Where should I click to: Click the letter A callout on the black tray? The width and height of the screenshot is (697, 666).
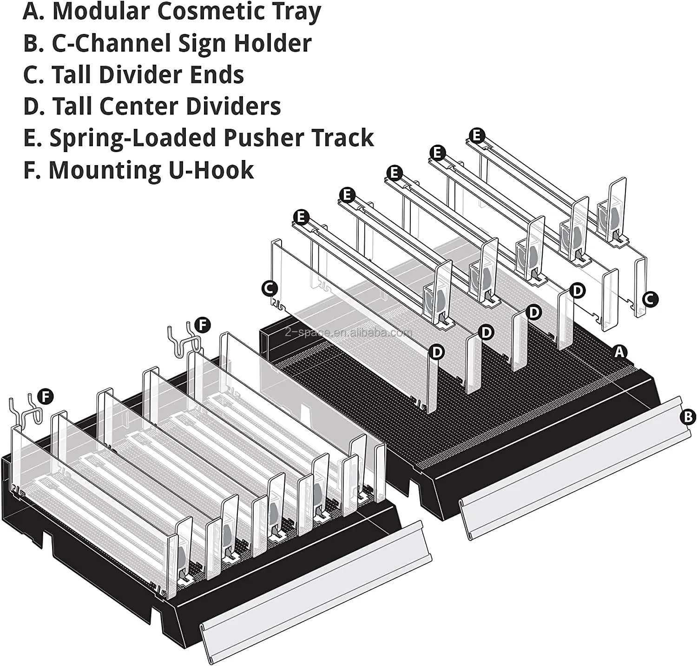[x=619, y=352]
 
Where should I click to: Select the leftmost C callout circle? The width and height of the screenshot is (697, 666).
[x=270, y=288]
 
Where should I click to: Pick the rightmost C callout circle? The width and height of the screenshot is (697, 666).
[x=650, y=299]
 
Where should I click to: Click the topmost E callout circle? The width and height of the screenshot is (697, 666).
[x=477, y=136]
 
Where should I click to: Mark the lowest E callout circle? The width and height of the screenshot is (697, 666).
[x=302, y=217]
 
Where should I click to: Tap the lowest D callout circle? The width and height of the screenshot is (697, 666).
[x=437, y=352]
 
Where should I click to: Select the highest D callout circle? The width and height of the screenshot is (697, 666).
[x=577, y=291]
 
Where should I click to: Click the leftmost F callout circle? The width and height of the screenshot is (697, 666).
[x=45, y=397]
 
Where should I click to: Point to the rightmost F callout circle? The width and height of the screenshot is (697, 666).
[x=202, y=325]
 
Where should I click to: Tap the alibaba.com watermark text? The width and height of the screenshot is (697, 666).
[x=348, y=333]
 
